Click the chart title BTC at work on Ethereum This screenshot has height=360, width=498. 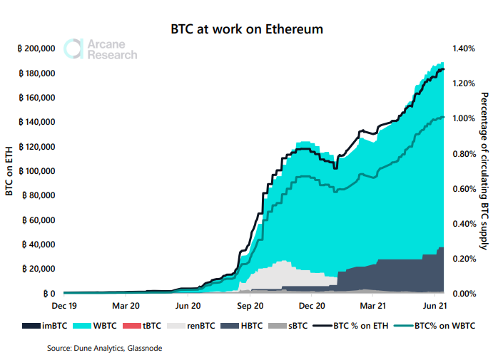pyautogui.click(x=247, y=30)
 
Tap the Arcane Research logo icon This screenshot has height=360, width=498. pyautogui.click(x=73, y=48)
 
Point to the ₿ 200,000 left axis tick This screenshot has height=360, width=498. pyautogui.click(x=34, y=48)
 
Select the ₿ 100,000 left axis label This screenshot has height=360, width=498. pyautogui.click(x=34, y=171)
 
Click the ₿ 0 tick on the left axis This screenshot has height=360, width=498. pyautogui.click(x=49, y=293)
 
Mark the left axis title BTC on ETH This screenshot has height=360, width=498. pyautogui.click(x=9, y=171)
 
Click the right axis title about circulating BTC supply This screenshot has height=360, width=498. pyautogui.click(x=485, y=171)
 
